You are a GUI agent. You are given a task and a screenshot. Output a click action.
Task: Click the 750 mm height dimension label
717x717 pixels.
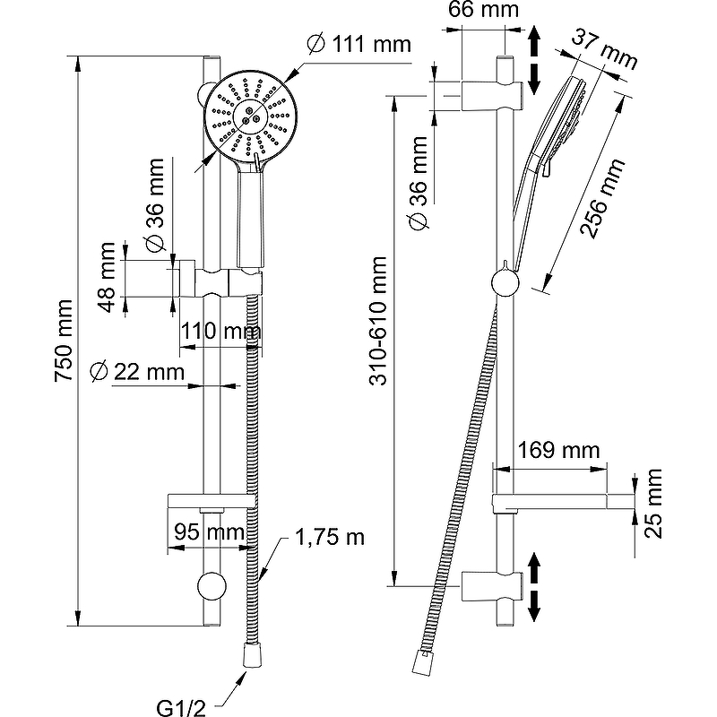(65, 341)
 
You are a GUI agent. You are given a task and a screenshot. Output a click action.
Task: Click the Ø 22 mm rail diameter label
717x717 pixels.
(138, 370)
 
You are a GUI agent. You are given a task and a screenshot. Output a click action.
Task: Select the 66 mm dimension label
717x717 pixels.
(484, 11)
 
